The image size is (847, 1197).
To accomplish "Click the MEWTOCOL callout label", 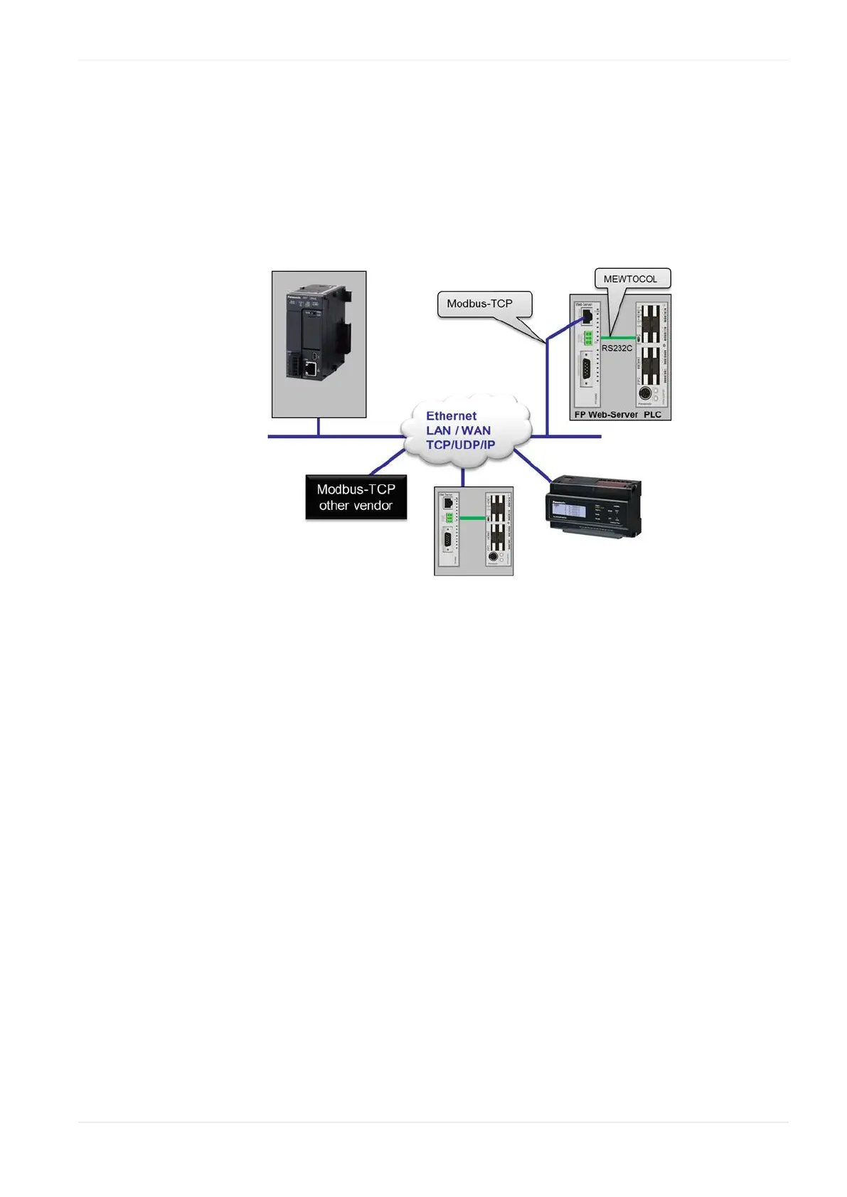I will (x=630, y=279).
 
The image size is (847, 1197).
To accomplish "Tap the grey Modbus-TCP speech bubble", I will (x=479, y=304).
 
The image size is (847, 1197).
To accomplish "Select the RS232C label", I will (x=617, y=349).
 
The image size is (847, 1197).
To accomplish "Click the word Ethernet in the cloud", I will (x=451, y=416).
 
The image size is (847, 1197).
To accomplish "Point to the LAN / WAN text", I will (x=458, y=430).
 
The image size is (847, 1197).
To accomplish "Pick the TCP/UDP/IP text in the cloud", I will (x=460, y=445).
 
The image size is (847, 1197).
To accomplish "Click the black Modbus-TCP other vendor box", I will (x=356, y=497).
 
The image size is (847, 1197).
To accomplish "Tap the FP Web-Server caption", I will (x=606, y=415).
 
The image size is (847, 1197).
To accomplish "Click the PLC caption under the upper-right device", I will (x=652, y=415).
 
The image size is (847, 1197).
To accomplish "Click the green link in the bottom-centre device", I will (x=472, y=518).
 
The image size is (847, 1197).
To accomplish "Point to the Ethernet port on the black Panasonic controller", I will (x=311, y=368).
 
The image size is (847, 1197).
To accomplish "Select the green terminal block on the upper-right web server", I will (x=588, y=338).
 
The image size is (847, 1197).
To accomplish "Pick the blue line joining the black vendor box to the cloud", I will (x=388, y=462).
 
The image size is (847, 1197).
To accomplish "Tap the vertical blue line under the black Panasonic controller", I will (x=318, y=427).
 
